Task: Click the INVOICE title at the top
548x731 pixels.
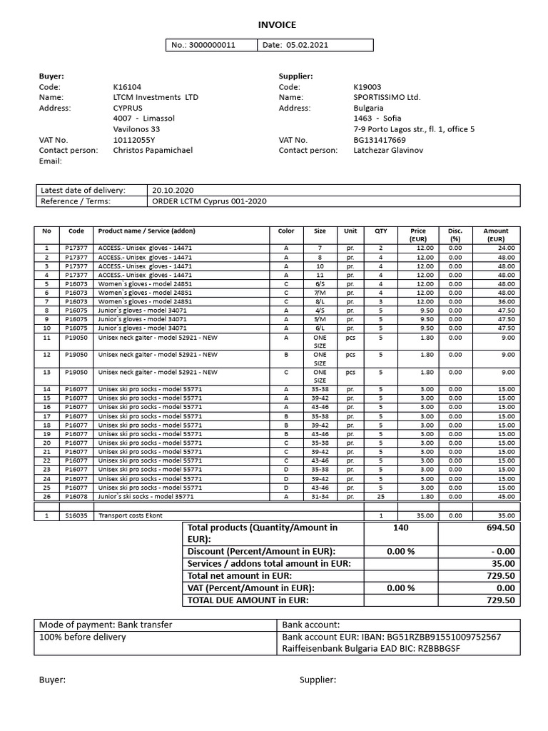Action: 277,25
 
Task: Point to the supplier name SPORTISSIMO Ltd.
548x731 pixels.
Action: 387,97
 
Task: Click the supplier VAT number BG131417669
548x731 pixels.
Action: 379,140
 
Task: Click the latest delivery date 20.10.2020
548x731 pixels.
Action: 173,191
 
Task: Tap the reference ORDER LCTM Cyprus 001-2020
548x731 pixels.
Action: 209,201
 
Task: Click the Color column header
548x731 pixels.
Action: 286,231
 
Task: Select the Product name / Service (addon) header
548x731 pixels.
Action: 146,231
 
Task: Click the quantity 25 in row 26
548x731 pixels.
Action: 380,496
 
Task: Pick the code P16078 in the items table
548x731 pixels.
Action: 76,496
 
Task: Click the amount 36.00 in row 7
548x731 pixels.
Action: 506,301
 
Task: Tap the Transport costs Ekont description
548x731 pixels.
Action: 127,515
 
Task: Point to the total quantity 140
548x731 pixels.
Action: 400,528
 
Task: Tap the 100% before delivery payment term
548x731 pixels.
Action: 82,637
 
